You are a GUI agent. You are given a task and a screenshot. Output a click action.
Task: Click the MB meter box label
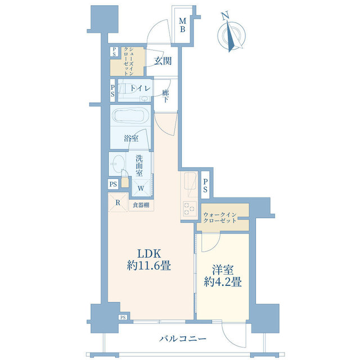click(x=182, y=25)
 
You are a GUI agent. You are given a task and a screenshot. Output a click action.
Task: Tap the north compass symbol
click(x=231, y=34)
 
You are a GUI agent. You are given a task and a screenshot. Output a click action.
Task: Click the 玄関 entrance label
click(x=163, y=61)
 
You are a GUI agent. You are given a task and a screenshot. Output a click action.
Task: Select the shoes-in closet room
click(x=128, y=61)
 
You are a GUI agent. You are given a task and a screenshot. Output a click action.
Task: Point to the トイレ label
click(x=141, y=88)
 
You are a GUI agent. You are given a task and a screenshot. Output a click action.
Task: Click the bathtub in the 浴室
click(x=130, y=116)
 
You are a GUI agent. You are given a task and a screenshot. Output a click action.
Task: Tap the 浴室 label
click(x=131, y=138)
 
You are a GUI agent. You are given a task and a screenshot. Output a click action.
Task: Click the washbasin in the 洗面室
click(x=118, y=164)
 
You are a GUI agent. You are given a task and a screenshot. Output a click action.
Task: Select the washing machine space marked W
click(x=141, y=188)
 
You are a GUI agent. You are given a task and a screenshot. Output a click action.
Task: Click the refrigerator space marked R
click(x=118, y=202)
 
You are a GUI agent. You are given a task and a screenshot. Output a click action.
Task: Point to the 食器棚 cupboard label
click(x=141, y=205)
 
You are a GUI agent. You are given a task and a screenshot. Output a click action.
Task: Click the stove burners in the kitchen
click(x=190, y=209)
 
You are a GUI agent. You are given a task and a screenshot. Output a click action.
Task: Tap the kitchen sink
click(x=190, y=181)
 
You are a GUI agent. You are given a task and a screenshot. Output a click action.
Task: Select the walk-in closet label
click(x=220, y=218)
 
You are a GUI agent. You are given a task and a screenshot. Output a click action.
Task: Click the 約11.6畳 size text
click(x=148, y=266)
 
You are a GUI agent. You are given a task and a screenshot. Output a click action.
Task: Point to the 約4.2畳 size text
click(x=223, y=282)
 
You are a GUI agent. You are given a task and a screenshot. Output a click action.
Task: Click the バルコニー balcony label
click(x=183, y=339)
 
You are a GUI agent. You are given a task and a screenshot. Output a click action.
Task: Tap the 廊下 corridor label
click(x=165, y=96)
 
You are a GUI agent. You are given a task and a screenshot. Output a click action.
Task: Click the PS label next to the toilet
click(x=112, y=91)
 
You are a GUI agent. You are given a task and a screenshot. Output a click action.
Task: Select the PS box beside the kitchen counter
click(x=205, y=185)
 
